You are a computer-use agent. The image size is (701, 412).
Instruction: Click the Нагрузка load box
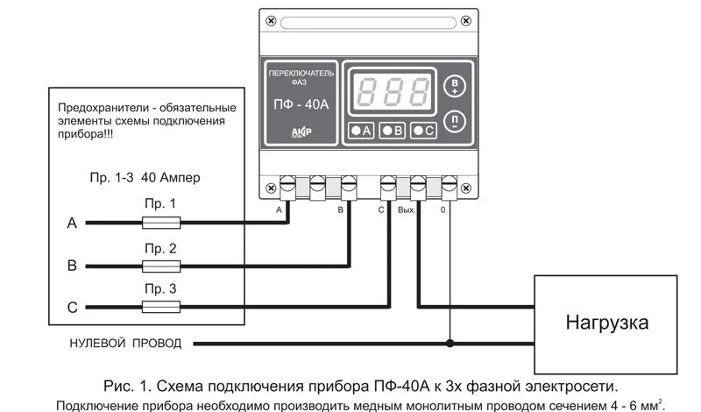[x=606, y=322]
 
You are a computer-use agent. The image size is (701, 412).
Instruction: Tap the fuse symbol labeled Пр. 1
[x=160, y=224]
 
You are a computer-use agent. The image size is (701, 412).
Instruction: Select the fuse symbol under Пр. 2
[x=160, y=265]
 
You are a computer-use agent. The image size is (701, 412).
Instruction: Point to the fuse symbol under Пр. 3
[x=160, y=306]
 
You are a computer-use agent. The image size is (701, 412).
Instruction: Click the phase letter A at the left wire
[x=72, y=224]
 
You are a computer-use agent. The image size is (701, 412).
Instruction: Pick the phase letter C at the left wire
[x=72, y=307]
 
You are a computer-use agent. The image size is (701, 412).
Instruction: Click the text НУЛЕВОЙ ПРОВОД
[x=125, y=344]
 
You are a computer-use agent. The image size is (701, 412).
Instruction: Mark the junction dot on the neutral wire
[x=450, y=344]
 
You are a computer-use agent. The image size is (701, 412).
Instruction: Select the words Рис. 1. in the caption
[x=121, y=386]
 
